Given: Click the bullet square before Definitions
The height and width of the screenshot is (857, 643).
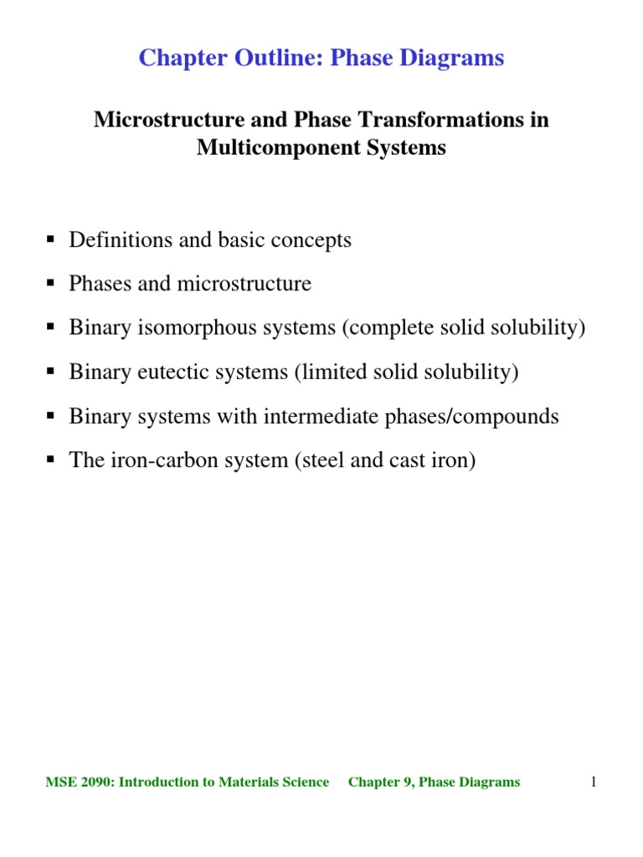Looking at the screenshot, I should point(50,240).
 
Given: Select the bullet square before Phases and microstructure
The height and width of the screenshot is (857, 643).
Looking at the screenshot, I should point(50,284).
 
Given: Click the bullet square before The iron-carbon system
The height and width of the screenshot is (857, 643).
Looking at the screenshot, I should point(50,460).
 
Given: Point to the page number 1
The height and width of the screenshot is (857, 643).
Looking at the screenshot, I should point(593,783).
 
